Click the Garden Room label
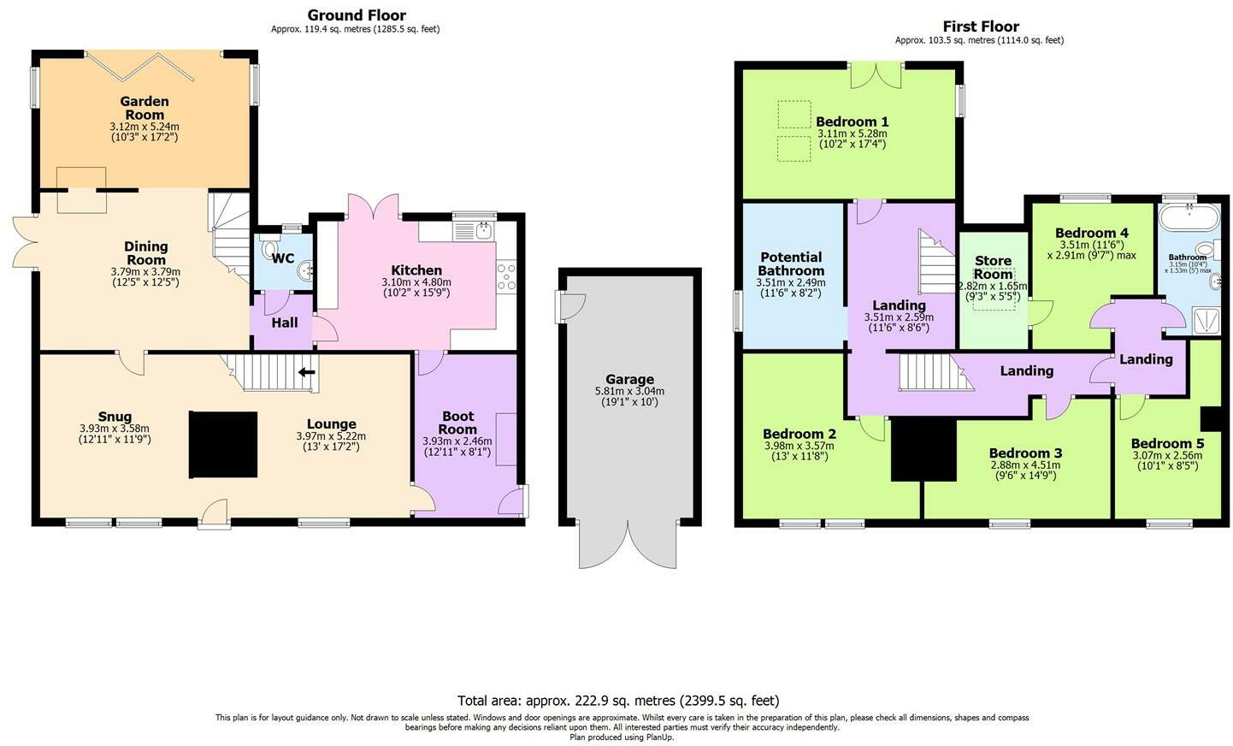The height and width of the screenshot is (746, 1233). point(145,108)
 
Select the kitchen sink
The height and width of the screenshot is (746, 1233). point(474,230)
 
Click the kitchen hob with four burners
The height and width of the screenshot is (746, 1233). point(506,278)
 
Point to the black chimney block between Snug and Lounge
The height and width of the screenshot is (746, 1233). point(222,444)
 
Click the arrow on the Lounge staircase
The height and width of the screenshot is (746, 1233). point(305,372)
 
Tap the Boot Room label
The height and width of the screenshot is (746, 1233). point(457,423)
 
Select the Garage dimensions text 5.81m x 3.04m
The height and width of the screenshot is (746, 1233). point(629,391)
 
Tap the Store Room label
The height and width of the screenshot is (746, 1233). point(993,267)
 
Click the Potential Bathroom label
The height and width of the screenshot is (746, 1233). point(791,263)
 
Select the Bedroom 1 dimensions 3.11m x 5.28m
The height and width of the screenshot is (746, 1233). point(852,133)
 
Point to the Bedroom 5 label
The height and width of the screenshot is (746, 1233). point(1166,443)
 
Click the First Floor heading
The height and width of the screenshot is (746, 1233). point(980,26)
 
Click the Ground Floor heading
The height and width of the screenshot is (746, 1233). point(356,15)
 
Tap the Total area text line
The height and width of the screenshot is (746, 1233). point(617,701)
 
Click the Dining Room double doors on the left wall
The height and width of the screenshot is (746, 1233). point(24,241)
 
